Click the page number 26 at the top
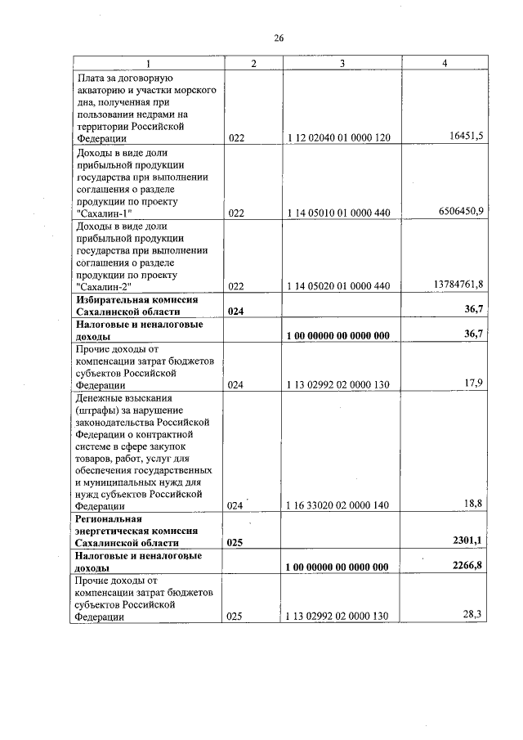[278, 38]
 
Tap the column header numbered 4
[444, 63]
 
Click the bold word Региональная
[109, 519]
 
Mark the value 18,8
[472, 503]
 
